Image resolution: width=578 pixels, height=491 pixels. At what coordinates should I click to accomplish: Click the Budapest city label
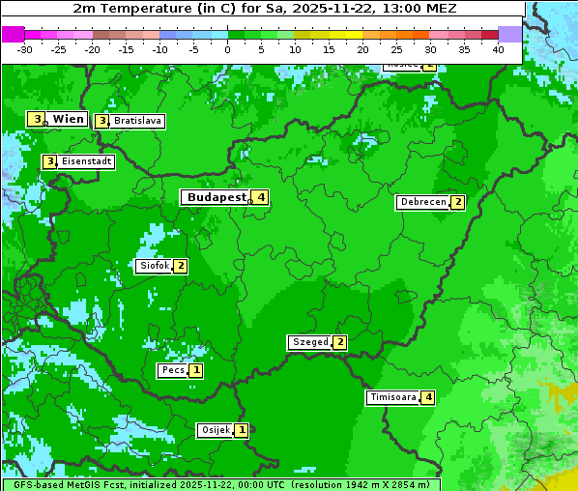coord(217,197)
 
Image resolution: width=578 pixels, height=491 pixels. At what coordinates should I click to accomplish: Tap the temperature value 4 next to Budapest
coord(260,197)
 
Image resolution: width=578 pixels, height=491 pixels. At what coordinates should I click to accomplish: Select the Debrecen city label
coord(422,203)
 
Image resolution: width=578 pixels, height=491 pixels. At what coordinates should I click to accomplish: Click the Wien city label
coord(68,119)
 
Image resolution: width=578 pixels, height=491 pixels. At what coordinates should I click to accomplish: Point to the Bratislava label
coord(136,122)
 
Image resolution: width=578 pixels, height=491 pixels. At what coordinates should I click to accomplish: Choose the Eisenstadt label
coord(87,161)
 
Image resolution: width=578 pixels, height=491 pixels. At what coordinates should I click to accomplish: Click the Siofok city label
coord(154,266)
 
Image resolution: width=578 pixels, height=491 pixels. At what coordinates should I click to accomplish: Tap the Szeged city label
coord(309,342)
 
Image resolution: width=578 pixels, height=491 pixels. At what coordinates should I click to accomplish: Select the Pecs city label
coord(173,370)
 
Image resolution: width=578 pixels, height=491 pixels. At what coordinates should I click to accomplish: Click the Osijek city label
coord(216,430)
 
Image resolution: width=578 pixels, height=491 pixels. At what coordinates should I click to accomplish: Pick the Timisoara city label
coord(392,397)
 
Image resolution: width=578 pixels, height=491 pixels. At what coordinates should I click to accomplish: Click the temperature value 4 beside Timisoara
coord(427,397)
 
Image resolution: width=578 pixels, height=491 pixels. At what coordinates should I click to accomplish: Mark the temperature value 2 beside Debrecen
coord(457,203)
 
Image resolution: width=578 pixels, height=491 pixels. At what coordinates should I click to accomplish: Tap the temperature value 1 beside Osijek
coord(242,430)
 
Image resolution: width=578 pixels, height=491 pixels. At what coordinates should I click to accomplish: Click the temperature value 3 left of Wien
coord(37,119)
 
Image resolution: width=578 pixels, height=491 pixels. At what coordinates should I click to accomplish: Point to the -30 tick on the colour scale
coord(24,48)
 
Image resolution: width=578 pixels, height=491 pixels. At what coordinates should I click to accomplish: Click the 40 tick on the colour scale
coord(498,48)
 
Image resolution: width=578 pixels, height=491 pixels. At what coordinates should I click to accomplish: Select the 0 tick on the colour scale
coord(227,48)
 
